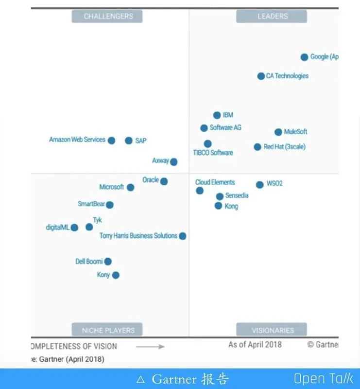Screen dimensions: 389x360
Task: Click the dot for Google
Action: (304, 57)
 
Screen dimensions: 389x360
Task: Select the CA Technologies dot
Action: (261, 76)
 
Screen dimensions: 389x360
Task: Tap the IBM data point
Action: (217, 115)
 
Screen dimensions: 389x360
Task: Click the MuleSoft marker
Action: (278, 132)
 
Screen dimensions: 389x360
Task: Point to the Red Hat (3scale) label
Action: (285, 147)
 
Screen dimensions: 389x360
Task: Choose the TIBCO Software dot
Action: (207, 144)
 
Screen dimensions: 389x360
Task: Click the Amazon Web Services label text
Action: (77, 140)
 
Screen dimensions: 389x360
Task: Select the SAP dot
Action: (128, 141)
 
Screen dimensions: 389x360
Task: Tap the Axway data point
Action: (173, 162)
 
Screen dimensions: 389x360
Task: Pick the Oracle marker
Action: (164, 181)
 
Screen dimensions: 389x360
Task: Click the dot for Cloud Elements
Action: (200, 191)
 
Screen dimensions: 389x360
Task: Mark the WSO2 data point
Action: (259, 185)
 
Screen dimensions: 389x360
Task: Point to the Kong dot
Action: (218, 206)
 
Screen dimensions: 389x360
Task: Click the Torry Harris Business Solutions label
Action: (138, 236)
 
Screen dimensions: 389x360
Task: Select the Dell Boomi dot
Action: (108, 262)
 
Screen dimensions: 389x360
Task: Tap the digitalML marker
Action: (74, 228)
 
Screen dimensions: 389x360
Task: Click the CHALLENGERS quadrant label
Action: (107, 16)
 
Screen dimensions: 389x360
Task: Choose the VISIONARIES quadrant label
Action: (272, 330)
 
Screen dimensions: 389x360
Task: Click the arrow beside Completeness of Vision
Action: (150, 347)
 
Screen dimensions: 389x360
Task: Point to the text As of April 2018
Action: (255, 345)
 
